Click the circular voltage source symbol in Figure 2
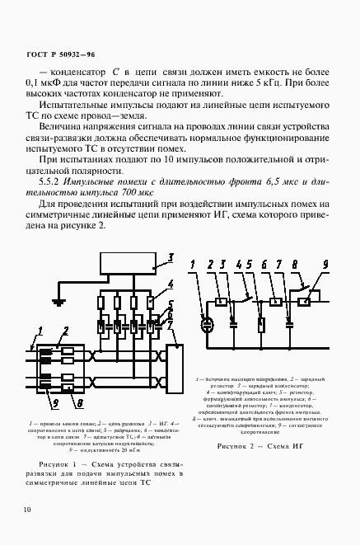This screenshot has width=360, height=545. pos(205,324)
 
